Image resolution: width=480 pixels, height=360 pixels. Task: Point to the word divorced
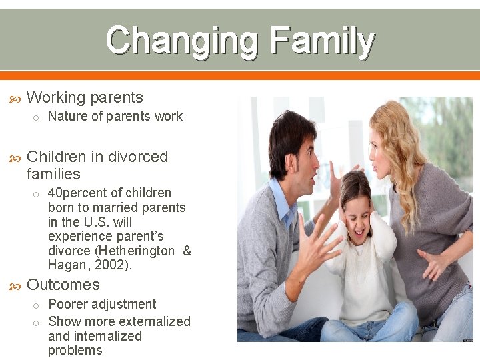tap(138, 157)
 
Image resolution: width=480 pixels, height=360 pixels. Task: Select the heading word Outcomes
tap(63, 285)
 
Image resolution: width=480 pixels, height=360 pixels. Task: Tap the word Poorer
tap(69, 304)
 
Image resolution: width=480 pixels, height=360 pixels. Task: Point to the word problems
tap(75, 351)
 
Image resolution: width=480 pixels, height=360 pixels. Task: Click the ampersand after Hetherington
tap(187, 251)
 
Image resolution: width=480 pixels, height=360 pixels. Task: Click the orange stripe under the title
tap(240, 75)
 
